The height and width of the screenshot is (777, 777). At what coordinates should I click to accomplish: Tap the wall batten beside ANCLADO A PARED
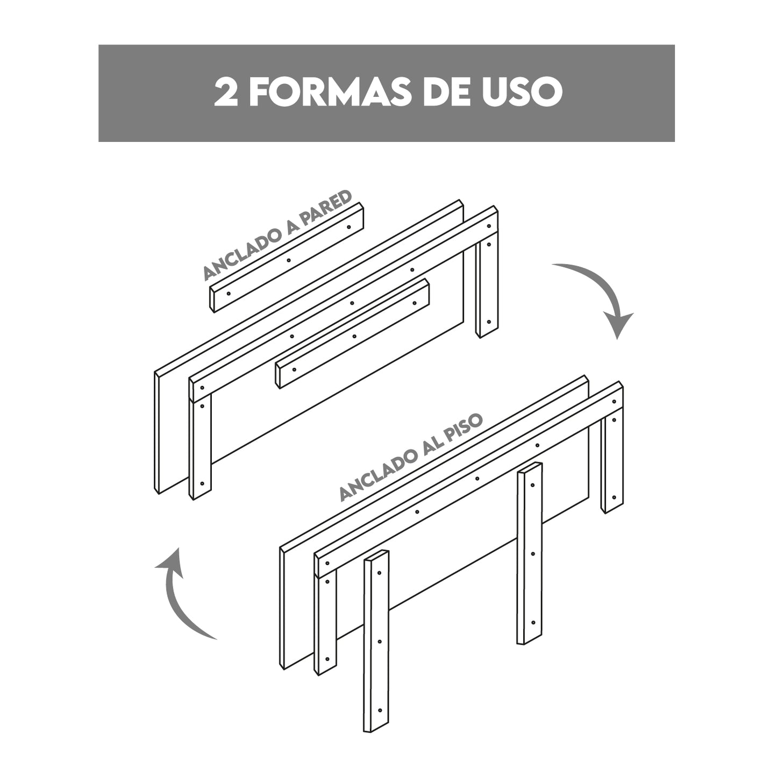click(x=287, y=258)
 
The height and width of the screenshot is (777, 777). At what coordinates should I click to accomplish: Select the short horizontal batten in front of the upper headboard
click(x=352, y=334)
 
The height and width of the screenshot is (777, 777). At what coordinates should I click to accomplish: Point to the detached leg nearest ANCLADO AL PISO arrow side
click(x=530, y=553)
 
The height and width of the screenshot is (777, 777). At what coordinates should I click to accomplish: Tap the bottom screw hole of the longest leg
click(x=380, y=710)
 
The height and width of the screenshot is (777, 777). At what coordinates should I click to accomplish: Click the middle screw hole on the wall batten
click(x=289, y=260)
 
